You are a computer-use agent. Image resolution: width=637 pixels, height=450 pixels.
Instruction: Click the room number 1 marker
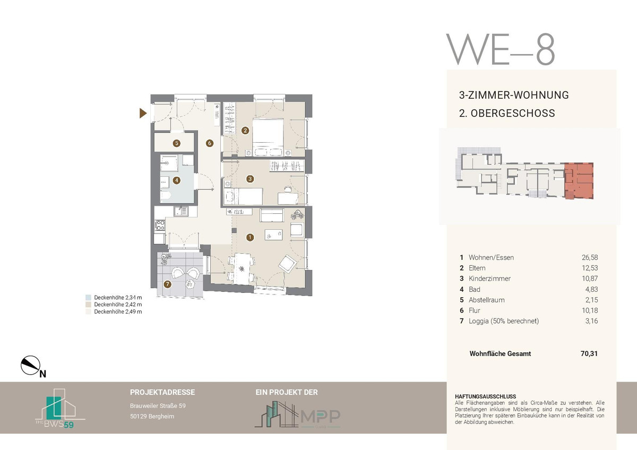tap(250, 237)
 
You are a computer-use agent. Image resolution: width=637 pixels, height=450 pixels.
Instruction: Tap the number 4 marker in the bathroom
tap(177, 180)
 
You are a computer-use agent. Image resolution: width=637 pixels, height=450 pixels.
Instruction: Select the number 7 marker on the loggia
tap(168, 284)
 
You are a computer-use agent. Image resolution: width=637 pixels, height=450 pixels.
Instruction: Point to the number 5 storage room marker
tap(177, 143)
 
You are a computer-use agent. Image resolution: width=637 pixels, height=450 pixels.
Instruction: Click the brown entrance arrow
tap(142, 113)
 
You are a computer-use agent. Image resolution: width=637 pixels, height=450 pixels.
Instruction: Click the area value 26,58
tap(590, 257)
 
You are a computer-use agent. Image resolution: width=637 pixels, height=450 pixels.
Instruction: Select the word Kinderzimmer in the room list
tap(489, 278)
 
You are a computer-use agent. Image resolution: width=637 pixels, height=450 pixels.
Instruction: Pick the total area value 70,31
tap(589, 353)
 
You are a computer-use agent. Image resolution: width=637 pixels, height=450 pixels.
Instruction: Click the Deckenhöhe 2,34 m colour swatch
tap(89, 297)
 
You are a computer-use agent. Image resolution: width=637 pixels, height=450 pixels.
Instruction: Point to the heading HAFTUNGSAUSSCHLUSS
tap(485, 396)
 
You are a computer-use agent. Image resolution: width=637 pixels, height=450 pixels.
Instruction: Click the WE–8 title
tap(501, 49)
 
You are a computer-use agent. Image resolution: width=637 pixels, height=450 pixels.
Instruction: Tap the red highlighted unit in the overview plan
tap(579, 180)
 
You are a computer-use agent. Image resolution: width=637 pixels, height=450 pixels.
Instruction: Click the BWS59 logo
tap(60, 408)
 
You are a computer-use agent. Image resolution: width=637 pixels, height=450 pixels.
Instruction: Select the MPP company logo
tap(297, 414)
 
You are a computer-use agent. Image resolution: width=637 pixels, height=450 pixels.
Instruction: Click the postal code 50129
tap(138, 417)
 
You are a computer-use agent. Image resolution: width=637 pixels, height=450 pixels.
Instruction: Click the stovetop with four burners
tap(160, 225)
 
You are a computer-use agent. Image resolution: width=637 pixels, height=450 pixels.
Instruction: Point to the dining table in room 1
tap(242, 269)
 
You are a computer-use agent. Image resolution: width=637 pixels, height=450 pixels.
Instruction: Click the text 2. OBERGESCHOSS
tap(507, 113)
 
